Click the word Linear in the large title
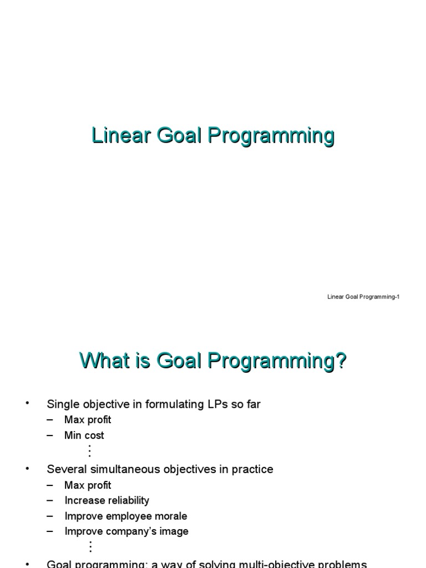117,136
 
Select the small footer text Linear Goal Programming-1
363,297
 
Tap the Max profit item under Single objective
88,420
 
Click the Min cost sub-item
84,435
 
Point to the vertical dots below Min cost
89,450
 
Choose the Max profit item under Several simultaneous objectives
88,485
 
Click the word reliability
126,500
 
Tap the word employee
127,516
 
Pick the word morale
171,516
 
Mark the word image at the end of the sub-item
174,531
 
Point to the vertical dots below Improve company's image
89,546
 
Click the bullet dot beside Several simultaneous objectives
27,469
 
